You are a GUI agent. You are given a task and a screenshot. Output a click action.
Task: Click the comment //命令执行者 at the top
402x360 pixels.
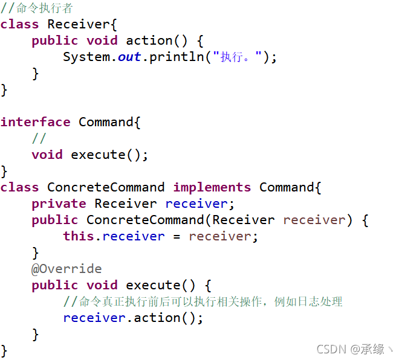click(37, 8)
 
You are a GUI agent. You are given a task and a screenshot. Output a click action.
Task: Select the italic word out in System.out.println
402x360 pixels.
click(129, 57)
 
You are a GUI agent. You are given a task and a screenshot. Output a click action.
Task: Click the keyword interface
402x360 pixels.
click(35, 123)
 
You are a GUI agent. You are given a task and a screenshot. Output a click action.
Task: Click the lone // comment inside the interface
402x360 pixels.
click(39, 139)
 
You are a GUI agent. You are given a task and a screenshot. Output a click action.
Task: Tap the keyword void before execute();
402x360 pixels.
click(47, 155)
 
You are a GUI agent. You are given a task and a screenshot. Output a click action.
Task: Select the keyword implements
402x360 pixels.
click(212, 188)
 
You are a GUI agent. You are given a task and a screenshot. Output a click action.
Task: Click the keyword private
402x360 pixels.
click(59, 204)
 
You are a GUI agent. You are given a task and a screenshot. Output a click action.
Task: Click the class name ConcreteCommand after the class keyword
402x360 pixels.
click(106, 188)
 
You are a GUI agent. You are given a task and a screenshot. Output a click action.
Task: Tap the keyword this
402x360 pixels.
click(79, 237)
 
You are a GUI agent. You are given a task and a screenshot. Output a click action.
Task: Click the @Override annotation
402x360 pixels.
click(66, 269)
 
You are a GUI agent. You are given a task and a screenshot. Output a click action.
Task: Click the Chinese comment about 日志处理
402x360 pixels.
click(203, 301)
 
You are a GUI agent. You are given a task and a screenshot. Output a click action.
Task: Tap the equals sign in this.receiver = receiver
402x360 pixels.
click(177, 237)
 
